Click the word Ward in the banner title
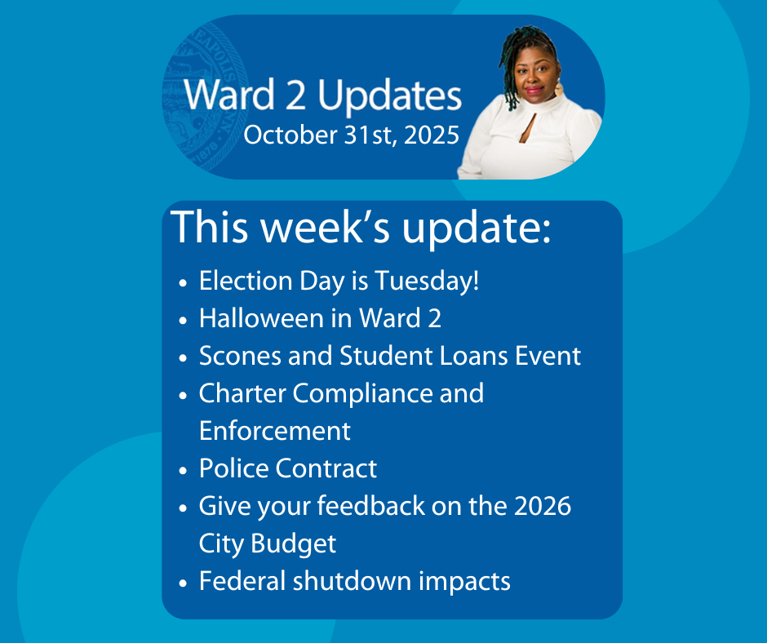pyautogui.click(x=229, y=95)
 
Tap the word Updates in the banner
pyautogui.click(x=390, y=97)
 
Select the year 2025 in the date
pyautogui.click(x=432, y=135)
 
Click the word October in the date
pyautogui.click(x=290, y=135)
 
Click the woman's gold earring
pyautogui.click(x=559, y=89)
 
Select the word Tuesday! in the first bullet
pyautogui.click(x=427, y=282)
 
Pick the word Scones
pyautogui.click(x=240, y=356)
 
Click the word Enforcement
pyautogui.click(x=275, y=431)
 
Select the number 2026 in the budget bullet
pyautogui.click(x=543, y=506)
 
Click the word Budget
pyautogui.click(x=294, y=543)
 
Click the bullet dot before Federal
pyautogui.click(x=183, y=583)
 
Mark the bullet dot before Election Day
pyautogui.click(x=183, y=283)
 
